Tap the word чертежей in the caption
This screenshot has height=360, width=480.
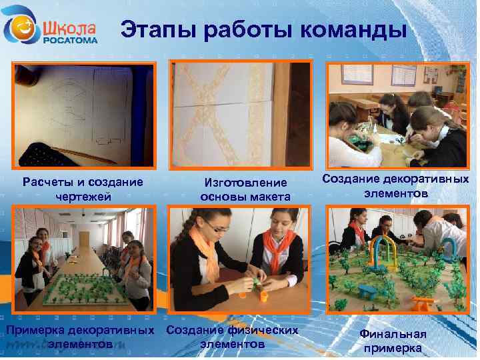[83, 196]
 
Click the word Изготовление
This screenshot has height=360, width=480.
[245, 183]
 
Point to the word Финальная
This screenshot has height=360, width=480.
[393, 334]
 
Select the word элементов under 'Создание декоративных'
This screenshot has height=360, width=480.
[396, 193]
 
